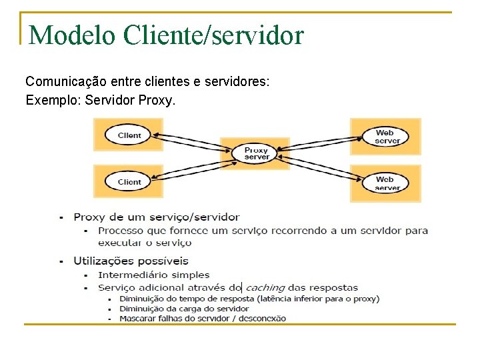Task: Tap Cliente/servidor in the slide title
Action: (x=213, y=35)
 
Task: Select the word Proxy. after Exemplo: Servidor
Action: (x=157, y=101)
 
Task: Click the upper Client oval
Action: (x=129, y=135)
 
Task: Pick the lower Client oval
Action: (x=129, y=181)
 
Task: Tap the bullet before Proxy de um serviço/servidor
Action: (x=62, y=217)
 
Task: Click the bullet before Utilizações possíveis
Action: (x=62, y=261)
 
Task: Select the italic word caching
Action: (x=265, y=288)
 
